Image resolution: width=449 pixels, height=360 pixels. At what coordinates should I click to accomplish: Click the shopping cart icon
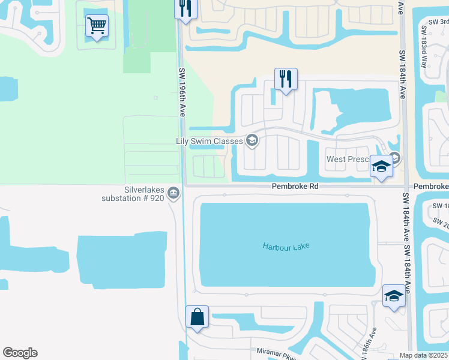tap(97, 26)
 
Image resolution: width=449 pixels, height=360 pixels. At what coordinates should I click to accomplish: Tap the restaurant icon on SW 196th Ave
tap(185, 9)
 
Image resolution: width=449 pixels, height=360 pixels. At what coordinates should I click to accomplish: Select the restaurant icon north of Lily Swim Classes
tap(286, 79)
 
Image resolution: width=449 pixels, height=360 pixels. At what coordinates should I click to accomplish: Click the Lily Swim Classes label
tap(209, 142)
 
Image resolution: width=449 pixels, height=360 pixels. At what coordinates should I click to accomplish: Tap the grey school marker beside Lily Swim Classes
tap(252, 141)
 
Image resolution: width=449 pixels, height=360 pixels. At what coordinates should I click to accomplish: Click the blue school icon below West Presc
tap(381, 167)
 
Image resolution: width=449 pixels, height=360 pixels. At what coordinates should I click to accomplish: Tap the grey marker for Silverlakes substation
tap(173, 193)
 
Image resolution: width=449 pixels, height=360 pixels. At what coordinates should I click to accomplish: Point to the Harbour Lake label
tap(285, 246)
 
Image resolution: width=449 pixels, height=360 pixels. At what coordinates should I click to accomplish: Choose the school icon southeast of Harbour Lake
tap(394, 296)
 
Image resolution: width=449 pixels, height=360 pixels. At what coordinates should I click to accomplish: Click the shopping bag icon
tap(197, 317)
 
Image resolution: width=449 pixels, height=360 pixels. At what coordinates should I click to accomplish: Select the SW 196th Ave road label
tap(182, 92)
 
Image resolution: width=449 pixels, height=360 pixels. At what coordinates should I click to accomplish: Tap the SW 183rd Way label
tap(425, 46)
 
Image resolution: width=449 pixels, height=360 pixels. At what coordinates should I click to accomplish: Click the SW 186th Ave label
tap(373, 340)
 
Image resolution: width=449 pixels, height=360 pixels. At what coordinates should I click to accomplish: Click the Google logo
tap(20, 353)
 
